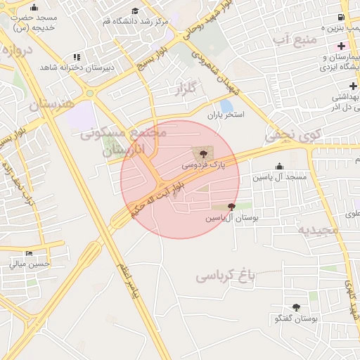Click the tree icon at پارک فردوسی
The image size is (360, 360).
tap(202, 152)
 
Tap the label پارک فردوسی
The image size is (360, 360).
tap(204, 165)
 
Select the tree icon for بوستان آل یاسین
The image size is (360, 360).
tap(232, 207)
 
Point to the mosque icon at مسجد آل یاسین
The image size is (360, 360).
tap(279, 167)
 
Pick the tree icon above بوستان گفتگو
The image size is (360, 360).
tap(295, 307)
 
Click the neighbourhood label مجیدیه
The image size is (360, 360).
tap(317, 229)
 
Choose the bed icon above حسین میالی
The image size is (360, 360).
tap(29, 253)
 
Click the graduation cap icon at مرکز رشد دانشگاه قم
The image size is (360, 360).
tap(135, 11)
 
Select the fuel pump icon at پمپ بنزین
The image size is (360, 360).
tap(341, 17)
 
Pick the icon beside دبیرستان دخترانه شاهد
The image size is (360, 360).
tap(77, 56)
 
